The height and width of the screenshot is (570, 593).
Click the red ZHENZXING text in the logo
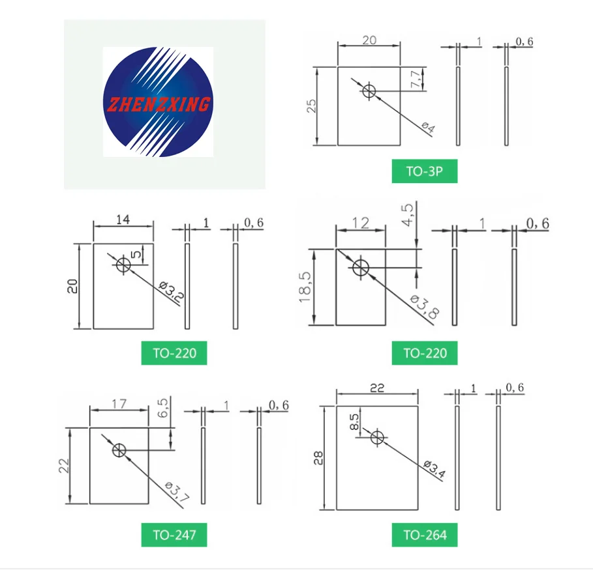click(157, 104)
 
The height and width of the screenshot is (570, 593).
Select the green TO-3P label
click(424, 172)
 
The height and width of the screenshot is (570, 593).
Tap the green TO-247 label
click(174, 535)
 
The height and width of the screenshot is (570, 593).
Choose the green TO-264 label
click(425, 535)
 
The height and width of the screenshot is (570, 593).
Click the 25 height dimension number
click(312, 106)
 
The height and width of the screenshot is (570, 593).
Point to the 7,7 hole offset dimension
click(416, 79)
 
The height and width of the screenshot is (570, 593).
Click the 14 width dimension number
click(123, 220)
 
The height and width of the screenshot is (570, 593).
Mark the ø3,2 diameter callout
click(172, 292)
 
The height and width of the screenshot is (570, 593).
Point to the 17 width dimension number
click(119, 404)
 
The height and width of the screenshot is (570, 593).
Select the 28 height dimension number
click(319, 458)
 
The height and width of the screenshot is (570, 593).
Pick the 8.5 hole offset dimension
click(354, 421)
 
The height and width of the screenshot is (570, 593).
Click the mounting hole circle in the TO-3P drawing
click(369, 91)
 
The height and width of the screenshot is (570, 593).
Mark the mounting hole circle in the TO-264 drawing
click(377, 437)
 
